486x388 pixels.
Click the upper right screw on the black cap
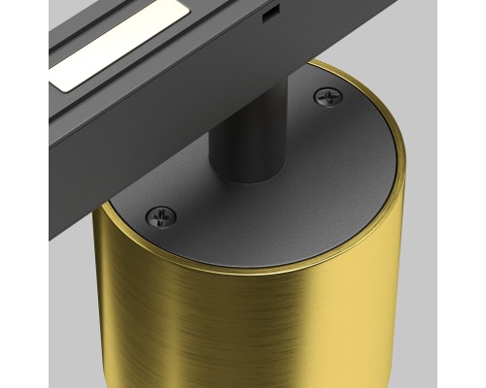327,96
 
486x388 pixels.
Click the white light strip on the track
117,48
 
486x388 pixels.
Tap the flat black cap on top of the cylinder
311,184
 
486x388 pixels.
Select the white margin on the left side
23,194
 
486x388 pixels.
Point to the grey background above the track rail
389,29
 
